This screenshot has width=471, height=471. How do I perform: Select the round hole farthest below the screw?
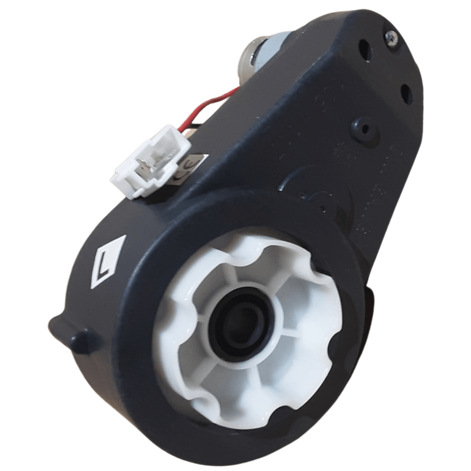(406, 94)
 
